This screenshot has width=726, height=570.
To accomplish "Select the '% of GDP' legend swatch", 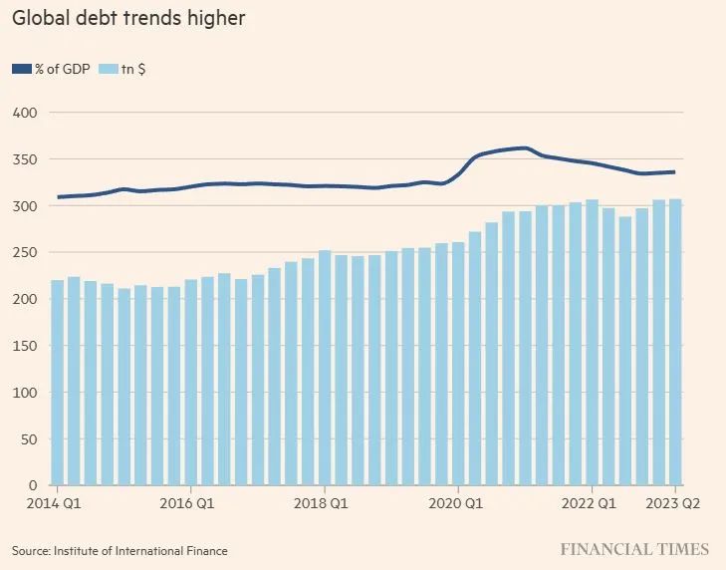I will (22, 69).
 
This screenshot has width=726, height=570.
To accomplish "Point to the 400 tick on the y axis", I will (24, 113).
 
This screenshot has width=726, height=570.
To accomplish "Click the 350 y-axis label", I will (24, 159).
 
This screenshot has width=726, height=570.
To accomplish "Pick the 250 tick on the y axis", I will (24, 252).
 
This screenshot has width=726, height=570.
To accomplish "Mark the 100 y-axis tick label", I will (24, 393).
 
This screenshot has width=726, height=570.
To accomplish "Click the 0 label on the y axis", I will (33, 485).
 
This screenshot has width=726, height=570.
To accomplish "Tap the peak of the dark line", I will (525, 148).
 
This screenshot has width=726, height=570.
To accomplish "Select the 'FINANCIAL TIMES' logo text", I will (634, 549).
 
